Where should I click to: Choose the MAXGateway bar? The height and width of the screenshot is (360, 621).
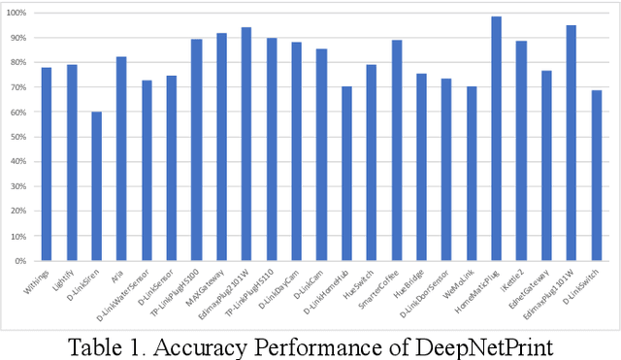221,147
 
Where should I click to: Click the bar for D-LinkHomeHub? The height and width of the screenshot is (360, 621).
346,174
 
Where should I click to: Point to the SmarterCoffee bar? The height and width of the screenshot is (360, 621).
396,150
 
